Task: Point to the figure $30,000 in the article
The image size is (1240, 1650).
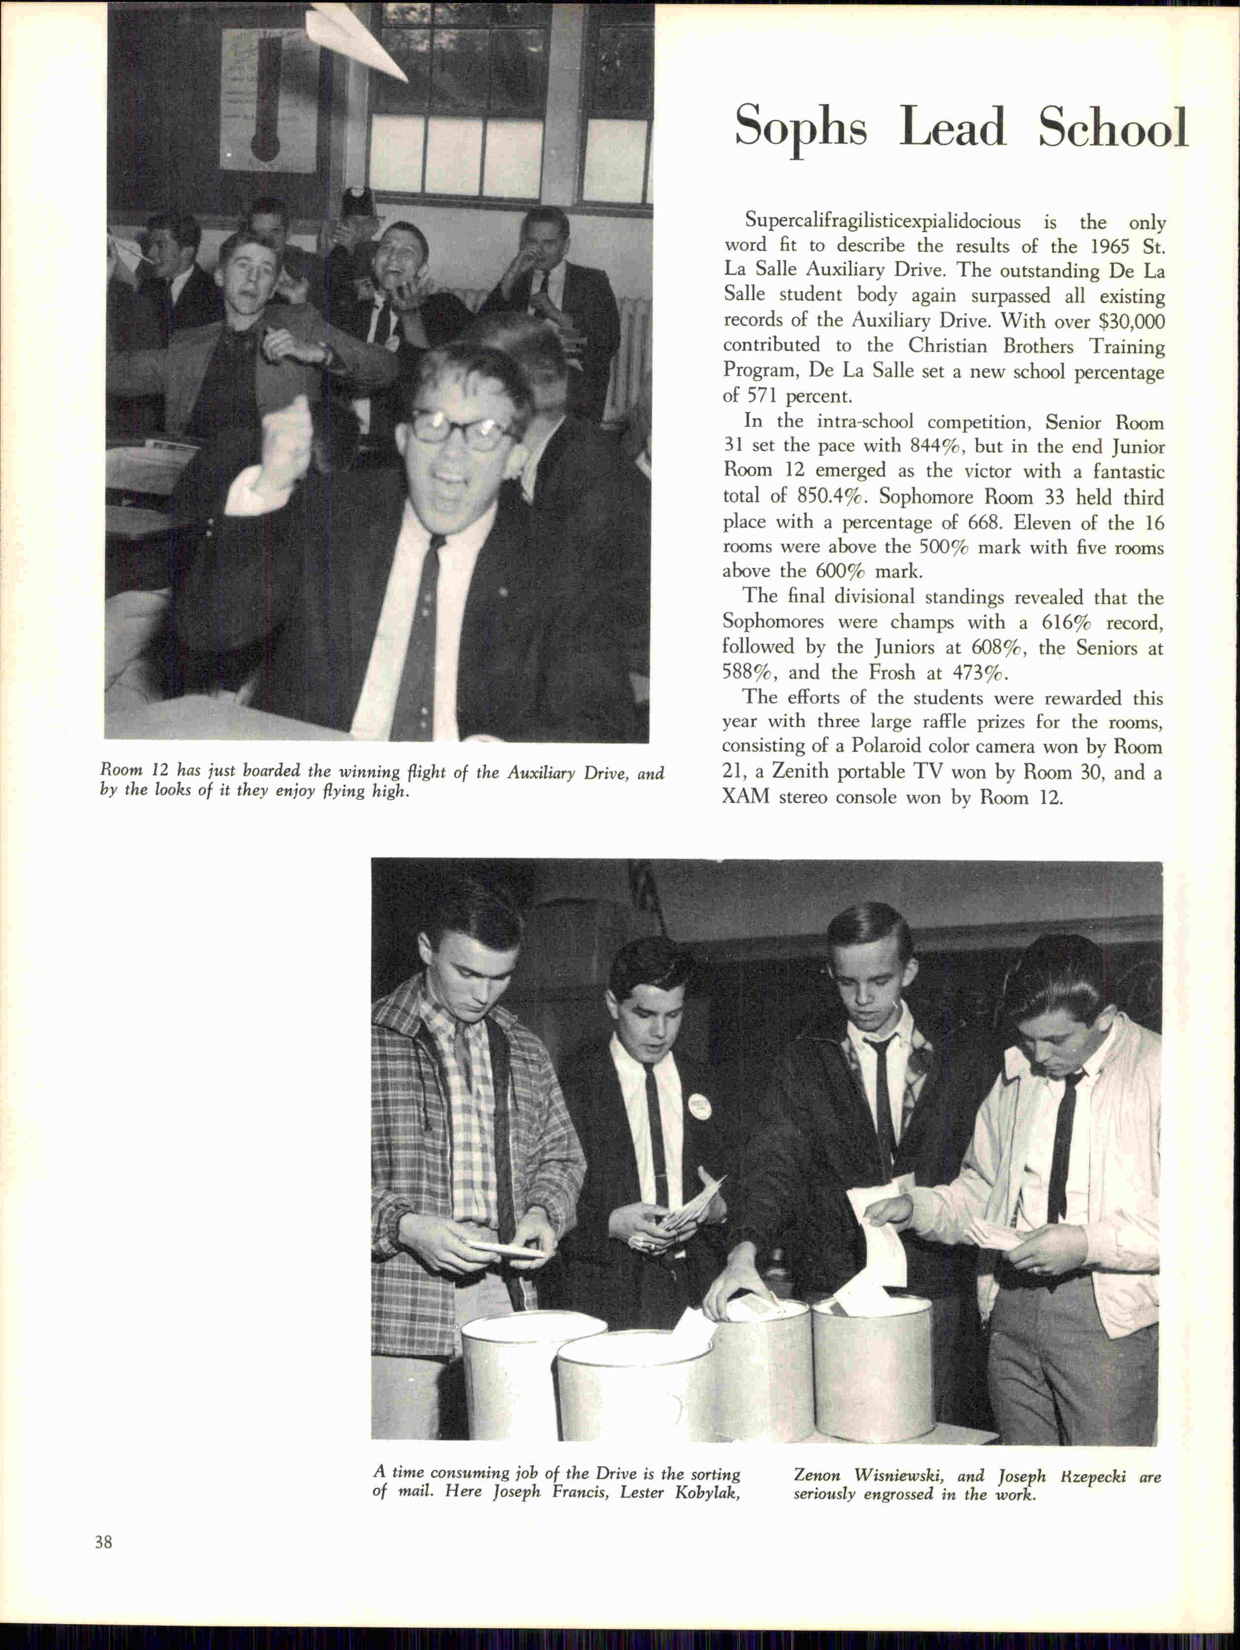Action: pyautogui.click(x=1132, y=322)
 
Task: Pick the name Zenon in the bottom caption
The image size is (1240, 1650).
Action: pyautogui.click(x=820, y=1454)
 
